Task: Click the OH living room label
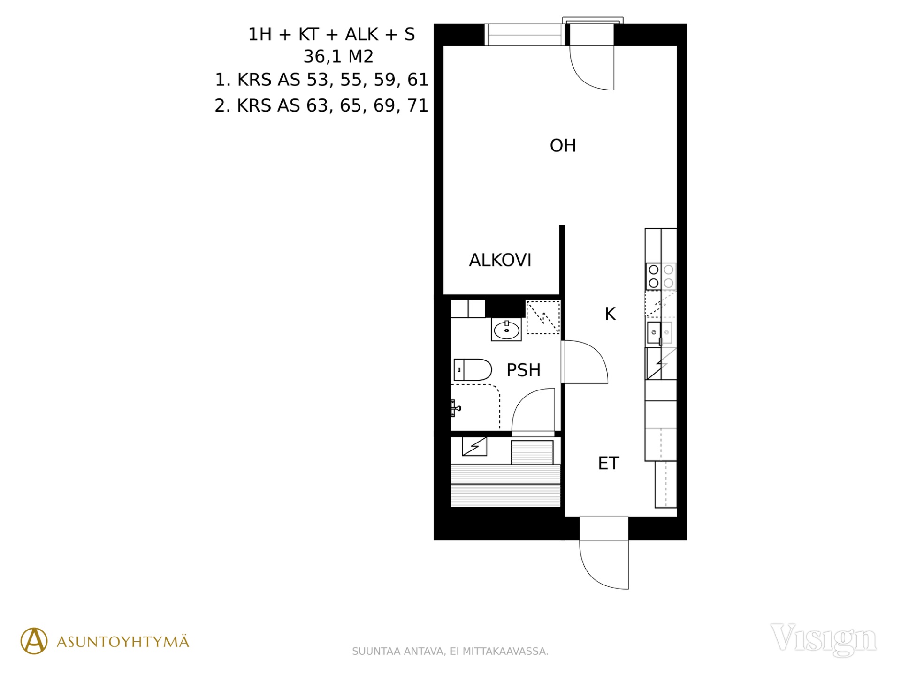563,146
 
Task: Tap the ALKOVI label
500,260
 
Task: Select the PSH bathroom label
524,370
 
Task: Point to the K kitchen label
610,314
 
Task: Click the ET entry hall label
609,463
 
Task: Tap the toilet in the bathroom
473,369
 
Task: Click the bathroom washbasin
506,329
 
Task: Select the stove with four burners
661,276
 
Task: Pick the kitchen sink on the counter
660,332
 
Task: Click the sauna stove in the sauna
532,452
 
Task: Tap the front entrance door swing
604,564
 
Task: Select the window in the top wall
524,35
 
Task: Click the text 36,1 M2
338,57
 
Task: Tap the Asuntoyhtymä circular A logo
34,641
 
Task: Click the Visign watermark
824,639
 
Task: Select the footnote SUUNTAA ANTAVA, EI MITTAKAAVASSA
450,651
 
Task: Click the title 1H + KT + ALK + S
331,34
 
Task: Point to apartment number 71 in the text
418,106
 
